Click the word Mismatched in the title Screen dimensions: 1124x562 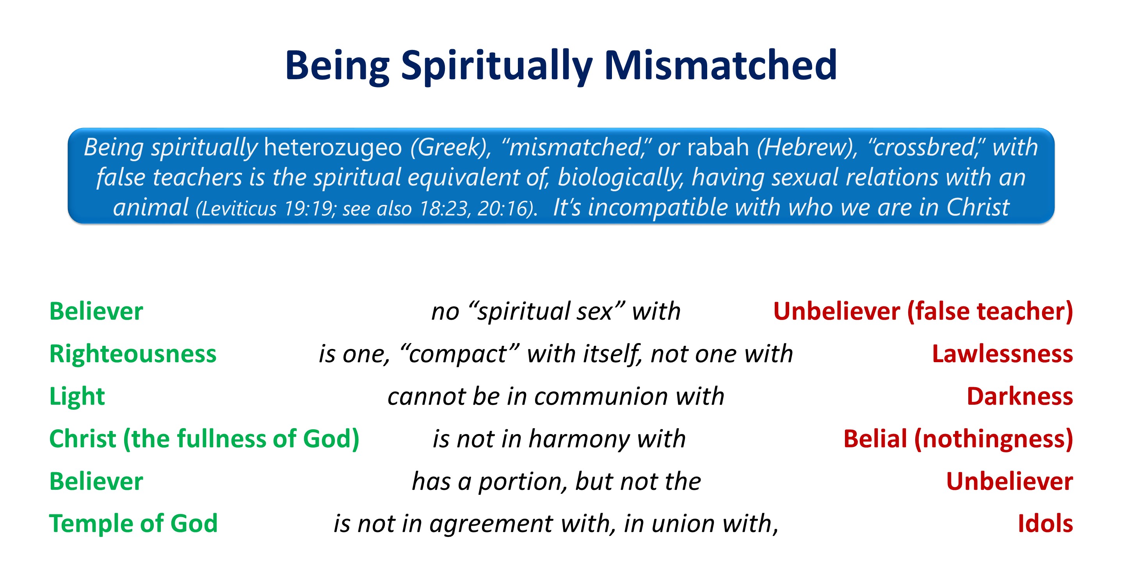[x=720, y=66]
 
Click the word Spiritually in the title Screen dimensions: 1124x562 [x=496, y=66]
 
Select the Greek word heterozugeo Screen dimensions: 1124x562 [x=333, y=148]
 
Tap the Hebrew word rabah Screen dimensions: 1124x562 [x=718, y=147]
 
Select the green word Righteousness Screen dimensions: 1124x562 [x=133, y=354]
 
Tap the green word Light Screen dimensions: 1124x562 [x=77, y=397]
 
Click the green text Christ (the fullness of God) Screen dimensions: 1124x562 [x=204, y=439]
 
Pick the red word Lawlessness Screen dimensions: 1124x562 [x=1002, y=354]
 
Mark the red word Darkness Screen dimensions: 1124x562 [x=1020, y=397]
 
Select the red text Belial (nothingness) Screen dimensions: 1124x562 [x=958, y=439]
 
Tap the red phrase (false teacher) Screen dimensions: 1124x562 [x=990, y=311]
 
